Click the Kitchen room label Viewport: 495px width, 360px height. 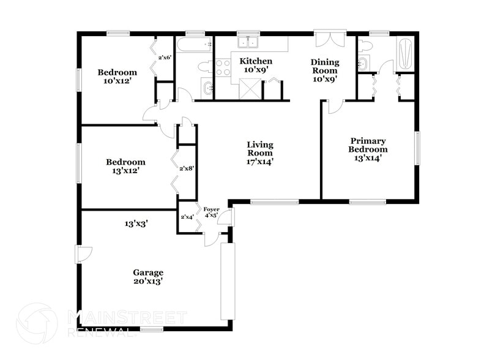255,61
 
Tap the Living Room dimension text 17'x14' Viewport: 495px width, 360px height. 260,162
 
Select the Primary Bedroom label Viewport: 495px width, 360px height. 368,144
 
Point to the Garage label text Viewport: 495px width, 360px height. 148,272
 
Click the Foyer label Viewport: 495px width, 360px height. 211,209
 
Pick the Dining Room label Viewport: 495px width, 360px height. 324,66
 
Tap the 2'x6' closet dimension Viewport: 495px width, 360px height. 165,58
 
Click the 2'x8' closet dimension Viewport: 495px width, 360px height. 186,168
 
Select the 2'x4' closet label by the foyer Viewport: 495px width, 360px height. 187,217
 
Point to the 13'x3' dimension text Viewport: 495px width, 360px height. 136,224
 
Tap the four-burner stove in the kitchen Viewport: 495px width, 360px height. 221,67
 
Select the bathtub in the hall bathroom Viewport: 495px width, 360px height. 193,43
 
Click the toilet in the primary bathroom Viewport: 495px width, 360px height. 366,44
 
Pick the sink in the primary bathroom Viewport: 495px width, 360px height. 363,62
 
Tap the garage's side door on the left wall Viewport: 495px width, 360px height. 83,253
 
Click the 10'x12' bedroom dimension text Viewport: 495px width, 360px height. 117,81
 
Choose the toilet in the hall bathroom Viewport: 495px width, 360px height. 205,67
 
